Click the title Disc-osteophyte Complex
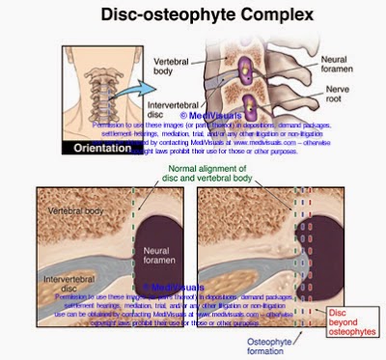click(x=193, y=15)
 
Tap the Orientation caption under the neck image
click(x=96, y=149)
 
